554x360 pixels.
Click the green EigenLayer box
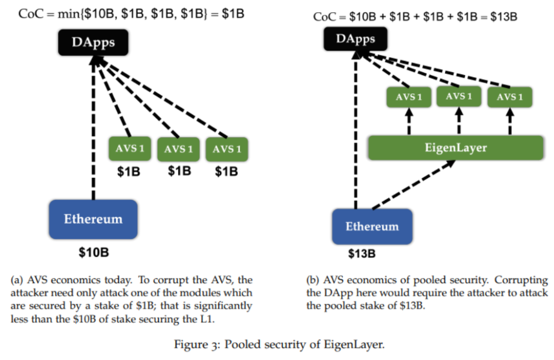click(x=455, y=148)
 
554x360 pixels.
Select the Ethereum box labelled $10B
click(x=93, y=219)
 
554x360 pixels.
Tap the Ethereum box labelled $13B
click(x=372, y=227)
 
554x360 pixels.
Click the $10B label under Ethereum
click(x=93, y=253)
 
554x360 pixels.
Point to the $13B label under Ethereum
click(x=362, y=254)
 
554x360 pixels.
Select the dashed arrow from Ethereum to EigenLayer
click(x=414, y=185)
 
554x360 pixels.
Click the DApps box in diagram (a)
click(x=93, y=43)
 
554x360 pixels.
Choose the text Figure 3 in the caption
click(x=197, y=344)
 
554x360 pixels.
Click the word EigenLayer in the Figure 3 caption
click(x=359, y=344)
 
